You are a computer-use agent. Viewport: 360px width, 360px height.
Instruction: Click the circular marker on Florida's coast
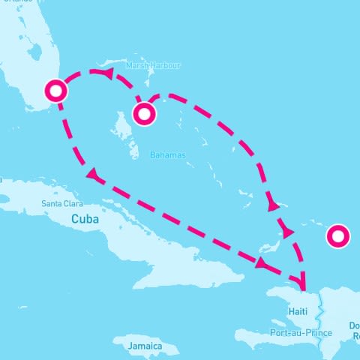pyautogui.click(x=56, y=91)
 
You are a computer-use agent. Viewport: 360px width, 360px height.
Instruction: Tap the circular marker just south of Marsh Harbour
pyautogui.click(x=144, y=114)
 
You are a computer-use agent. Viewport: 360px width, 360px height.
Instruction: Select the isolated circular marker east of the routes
pyautogui.click(x=339, y=237)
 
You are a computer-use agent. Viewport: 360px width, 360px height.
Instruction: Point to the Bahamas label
pyautogui.click(x=166, y=155)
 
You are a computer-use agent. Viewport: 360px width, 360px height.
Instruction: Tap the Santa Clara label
pyautogui.click(x=62, y=203)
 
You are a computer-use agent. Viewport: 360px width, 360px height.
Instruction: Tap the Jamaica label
pyautogui.click(x=144, y=346)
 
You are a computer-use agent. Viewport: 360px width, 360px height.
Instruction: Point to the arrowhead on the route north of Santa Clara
pyautogui.click(x=92, y=176)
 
